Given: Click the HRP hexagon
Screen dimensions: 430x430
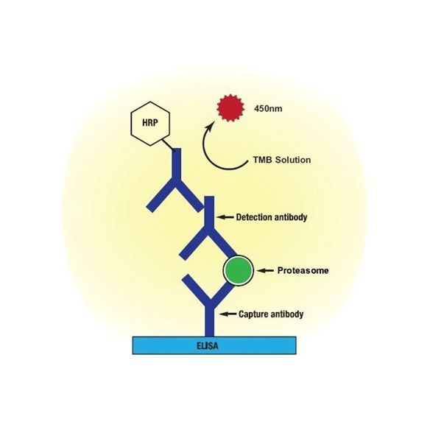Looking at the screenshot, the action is (x=150, y=124).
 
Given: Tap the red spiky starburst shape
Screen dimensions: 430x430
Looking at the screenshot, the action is (x=230, y=108).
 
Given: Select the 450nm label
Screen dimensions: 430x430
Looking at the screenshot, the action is (x=268, y=108).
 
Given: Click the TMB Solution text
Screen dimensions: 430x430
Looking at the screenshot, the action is (x=282, y=160).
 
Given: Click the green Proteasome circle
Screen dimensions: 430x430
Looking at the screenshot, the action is (x=238, y=270).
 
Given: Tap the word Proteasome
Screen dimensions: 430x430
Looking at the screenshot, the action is (x=303, y=270).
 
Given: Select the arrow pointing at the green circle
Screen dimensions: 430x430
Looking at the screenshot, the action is (x=265, y=271).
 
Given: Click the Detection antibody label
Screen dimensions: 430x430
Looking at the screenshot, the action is (x=272, y=217).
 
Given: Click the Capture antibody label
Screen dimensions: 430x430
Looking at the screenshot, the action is (x=271, y=314).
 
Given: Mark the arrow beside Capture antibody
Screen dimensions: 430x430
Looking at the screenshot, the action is (x=228, y=314).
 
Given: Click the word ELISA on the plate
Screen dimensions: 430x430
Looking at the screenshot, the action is (x=208, y=346).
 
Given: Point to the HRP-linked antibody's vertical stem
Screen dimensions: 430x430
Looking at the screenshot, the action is (x=177, y=164).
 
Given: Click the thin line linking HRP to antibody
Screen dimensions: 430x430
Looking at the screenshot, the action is (x=168, y=144).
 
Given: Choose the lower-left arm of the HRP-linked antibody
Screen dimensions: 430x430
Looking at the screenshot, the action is (x=161, y=195).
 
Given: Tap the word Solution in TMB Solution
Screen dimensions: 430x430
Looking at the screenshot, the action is (x=293, y=160).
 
